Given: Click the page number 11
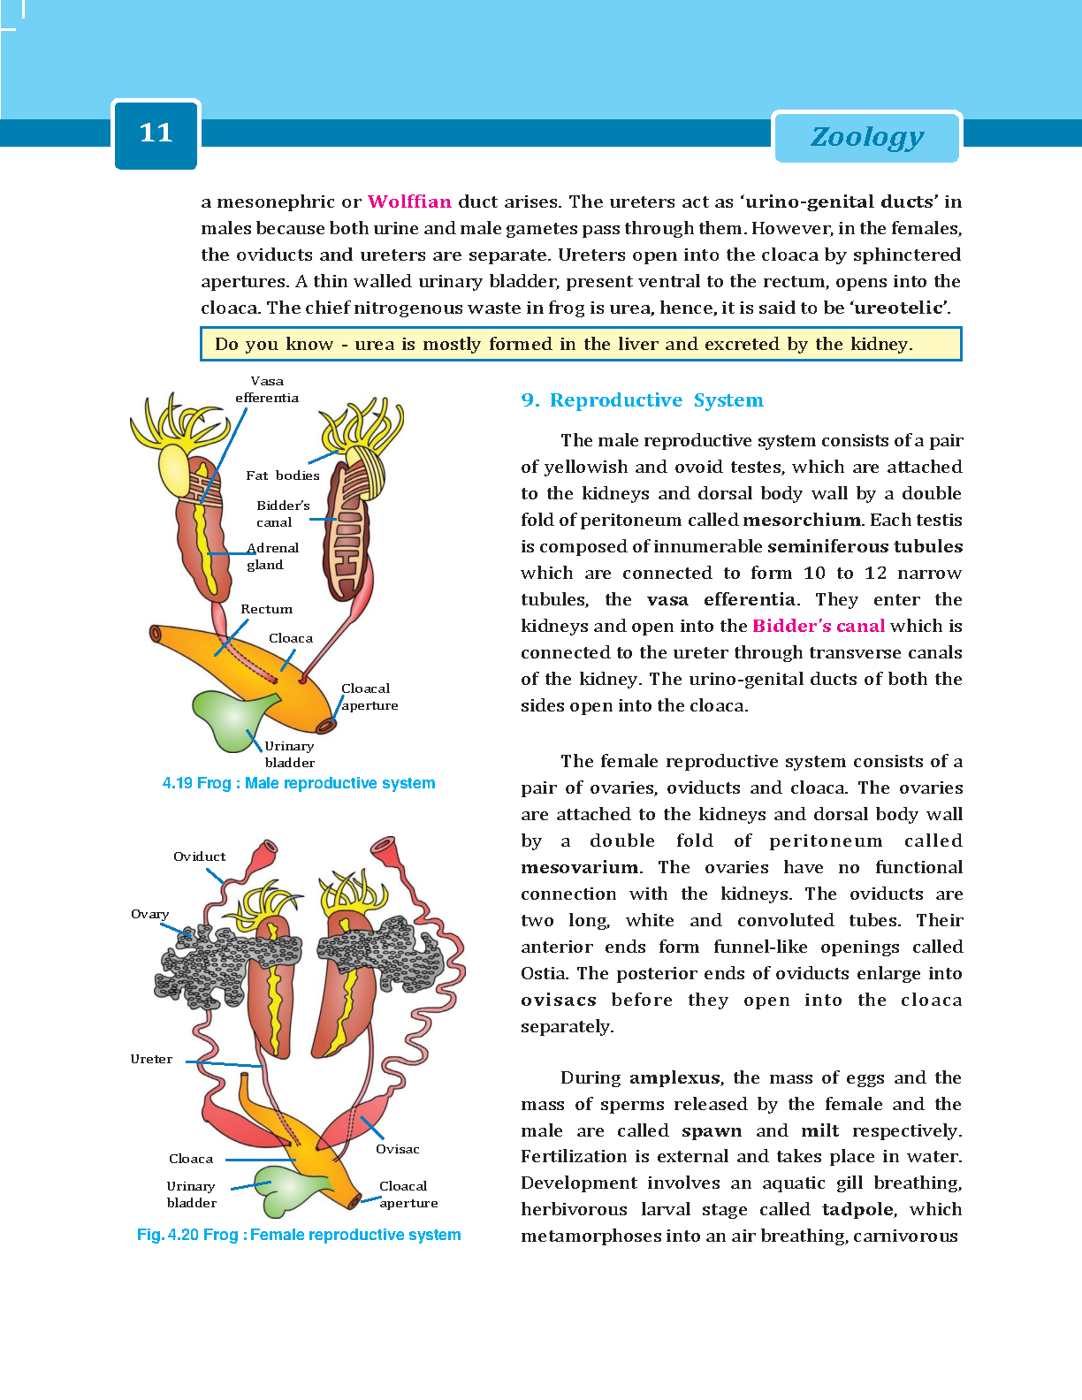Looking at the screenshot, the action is point(156,133).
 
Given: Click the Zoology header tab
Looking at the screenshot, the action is point(867,137).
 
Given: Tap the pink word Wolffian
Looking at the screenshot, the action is point(409,202).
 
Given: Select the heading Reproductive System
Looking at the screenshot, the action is point(656,400).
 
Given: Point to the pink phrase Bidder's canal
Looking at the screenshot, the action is point(819,626).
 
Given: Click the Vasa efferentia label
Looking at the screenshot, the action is point(267,389).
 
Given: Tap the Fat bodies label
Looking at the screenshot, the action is point(282,476).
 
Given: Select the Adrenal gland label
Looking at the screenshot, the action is point(272,556).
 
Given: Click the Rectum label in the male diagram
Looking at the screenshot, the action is point(266,609).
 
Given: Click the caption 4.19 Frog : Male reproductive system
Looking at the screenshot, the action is point(299,783).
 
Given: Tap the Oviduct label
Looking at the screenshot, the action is point(199,856).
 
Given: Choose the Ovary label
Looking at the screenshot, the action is point(149,914).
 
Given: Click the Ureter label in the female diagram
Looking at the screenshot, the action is point(151,1059).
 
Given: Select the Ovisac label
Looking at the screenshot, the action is point(397,1149).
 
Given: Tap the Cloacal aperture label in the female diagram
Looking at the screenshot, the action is point(408,1194).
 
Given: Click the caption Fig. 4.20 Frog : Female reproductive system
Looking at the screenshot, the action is point(299,1235).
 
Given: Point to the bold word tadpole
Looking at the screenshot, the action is point(857,1209).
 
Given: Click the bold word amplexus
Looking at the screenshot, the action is point(674,1077).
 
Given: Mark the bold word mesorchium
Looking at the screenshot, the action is point(802,520).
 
